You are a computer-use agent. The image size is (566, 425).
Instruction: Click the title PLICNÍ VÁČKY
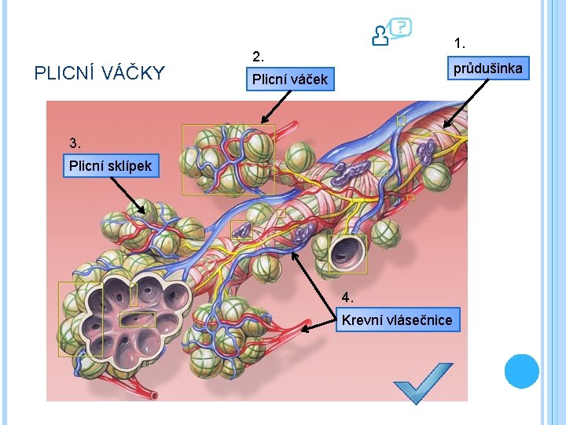tap(100, 73)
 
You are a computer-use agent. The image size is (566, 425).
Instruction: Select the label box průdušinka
tap(487, 68)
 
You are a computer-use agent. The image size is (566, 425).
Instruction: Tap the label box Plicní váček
tap(289, 79)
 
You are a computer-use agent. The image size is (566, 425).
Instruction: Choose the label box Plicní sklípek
tap(110, 166)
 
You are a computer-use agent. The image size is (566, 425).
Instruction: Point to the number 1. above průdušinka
tap(459, 42)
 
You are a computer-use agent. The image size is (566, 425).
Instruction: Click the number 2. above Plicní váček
tap(258, 57)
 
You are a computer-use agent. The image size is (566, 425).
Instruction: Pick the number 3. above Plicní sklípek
tap(75, 143)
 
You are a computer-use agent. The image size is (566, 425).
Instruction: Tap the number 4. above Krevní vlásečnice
tap(347, 297)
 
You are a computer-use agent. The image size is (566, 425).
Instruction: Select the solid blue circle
tap(522, 371)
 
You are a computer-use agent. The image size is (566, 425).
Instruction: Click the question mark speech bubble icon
tap(392, 32)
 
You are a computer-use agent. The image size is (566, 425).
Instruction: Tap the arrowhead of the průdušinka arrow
tap(445, 125)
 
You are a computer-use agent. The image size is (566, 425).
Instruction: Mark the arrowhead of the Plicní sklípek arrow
tap(144, 212)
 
